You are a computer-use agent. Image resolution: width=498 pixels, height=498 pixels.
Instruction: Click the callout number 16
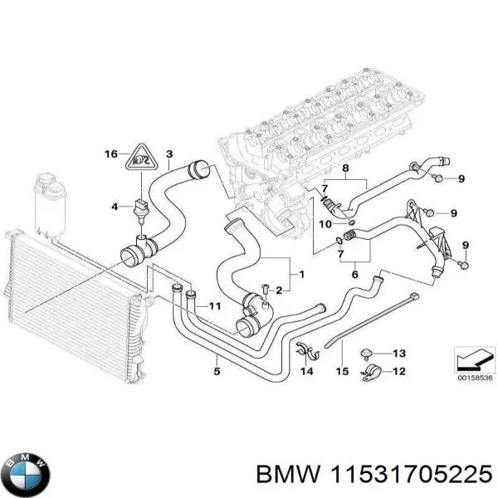pos(110,154)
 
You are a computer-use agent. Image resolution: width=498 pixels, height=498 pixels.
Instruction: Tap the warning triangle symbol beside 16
pos(142,158)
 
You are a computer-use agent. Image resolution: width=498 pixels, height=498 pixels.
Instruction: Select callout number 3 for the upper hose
pos(169,154)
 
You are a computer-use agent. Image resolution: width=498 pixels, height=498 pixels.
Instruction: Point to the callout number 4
pos(116,205)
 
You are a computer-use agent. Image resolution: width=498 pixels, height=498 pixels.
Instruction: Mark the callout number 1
pos(301,274)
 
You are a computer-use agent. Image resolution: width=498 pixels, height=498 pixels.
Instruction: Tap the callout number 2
pos(279,289)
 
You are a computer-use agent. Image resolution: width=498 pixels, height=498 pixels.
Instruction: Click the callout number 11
pos(215,307)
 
